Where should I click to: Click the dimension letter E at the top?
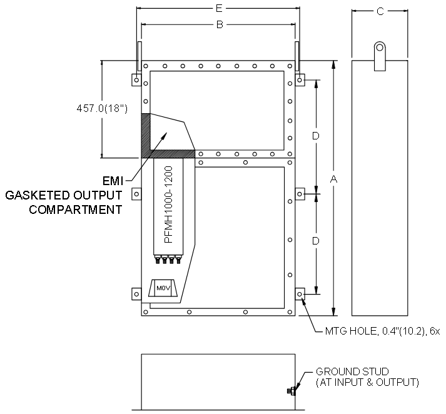(x=218, y=9)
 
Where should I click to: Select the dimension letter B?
(x=220, y=25)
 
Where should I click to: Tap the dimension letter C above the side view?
(x=380, y=11)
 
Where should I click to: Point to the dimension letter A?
(x=333, y=179)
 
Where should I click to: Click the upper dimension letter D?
(x=316, y=136)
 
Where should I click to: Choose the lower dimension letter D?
(x=316, y=241)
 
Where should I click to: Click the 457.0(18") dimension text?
(x=102, y=108)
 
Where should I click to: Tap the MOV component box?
(x=163, y=288)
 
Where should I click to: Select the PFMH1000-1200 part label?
(x=169, y=204)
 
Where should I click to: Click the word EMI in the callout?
(x=113, y=181)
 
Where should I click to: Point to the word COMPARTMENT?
(x=76, y=210)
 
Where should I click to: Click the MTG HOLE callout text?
(x=382, y=331)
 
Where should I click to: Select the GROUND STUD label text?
(x=352, y=371)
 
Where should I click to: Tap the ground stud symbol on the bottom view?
(x=291, y=391)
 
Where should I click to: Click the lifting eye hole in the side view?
(x=380, y=47)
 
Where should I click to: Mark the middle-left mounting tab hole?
(x=136, y=194)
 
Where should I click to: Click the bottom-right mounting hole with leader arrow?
(x=300, y=294)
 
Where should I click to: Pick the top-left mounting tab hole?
(x=136, y=80)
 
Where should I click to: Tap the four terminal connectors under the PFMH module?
(x=168, y=260)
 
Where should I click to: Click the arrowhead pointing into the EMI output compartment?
(x=165, y=135)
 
